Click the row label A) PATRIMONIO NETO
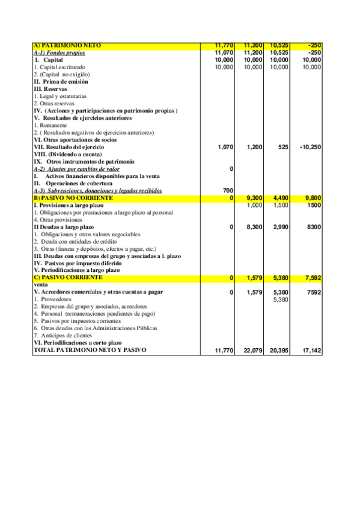click(68, 46)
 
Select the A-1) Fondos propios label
click(59, 53)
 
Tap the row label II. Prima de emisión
click(61, 82)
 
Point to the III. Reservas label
click(50, 89)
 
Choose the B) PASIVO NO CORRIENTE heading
click(73, 198)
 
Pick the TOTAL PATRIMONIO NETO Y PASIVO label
click(90, 349)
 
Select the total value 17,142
click(310, 350)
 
